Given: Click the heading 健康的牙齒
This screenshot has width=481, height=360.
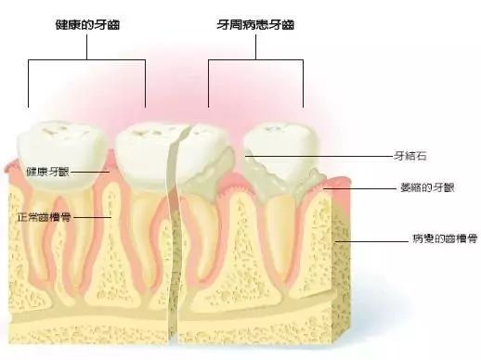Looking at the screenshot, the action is coord(87,25).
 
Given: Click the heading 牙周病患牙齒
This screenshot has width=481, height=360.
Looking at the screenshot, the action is coord(255,25).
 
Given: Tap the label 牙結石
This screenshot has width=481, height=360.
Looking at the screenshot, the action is coord(409,156).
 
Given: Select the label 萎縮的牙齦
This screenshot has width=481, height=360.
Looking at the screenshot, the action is coord(427,187).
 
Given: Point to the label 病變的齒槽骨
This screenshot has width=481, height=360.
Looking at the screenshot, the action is coord(445,238).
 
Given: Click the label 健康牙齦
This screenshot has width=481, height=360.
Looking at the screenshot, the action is coord(47,172).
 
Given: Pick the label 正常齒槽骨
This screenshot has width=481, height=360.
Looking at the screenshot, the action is coord(45,217).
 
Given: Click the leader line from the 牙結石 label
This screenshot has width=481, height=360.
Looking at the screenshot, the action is coord(319,157).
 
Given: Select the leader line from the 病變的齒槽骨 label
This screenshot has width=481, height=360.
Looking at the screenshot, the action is coord(372,241).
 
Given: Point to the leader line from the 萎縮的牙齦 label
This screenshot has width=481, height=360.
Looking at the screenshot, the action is coord(360,188).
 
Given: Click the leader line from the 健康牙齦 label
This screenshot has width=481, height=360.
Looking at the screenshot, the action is coord(90,172).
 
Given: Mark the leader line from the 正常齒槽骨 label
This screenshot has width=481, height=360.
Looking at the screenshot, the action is coord(92,217).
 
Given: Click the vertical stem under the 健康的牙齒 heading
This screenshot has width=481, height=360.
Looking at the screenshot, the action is coord(86,46).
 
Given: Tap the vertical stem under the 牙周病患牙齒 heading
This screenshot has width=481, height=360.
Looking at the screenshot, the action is coord(255,46).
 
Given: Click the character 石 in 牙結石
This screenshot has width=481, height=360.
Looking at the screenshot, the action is coord(421,156).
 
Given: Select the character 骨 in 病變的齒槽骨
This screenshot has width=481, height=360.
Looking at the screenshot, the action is coord(473,238).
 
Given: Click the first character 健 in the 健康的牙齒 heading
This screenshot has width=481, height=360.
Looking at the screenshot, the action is coord(61,25).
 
